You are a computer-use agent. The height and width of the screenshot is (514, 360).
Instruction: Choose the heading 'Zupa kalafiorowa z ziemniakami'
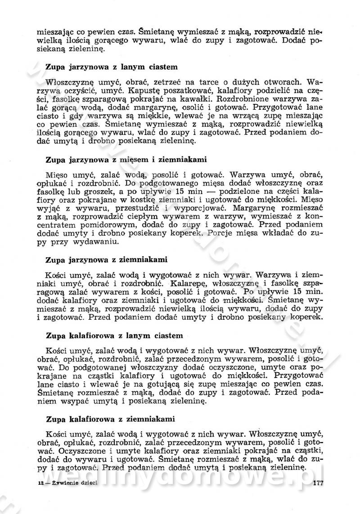click(x=110, y=419)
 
